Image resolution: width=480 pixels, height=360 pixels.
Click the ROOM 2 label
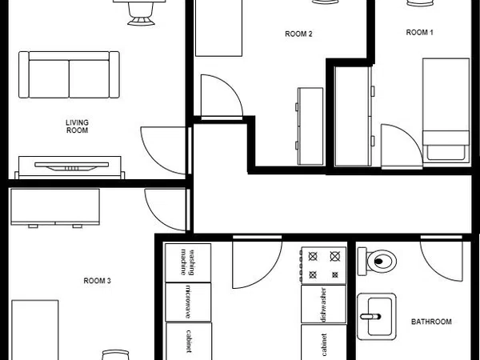pyautogui.click(x=298, y=34)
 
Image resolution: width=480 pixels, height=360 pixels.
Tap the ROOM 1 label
pyautogui.click(x=419, y=33)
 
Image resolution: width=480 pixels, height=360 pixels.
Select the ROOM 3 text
pyautogui.click(x=97, y=281)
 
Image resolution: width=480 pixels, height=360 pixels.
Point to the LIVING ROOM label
pyautogui.click(x=77, y=126)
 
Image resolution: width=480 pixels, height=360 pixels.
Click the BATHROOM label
pyautogui.click(x=431, y=322)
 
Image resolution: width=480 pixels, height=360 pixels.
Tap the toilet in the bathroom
pyautogui.click(x=377, y=261)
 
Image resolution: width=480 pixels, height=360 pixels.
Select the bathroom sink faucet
pyautogui.click(x=370, y=317)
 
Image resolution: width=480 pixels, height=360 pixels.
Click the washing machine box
pyautogui.click(x=188, y=262)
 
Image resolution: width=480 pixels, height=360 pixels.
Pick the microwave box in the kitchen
pyautogui.click(x=188, y=302)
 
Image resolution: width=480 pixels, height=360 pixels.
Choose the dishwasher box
pyautogui.click(x=323, y=304)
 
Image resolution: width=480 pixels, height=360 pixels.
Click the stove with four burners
pyautogui.click(x=323, y=265)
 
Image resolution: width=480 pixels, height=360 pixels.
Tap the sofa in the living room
pyautogui.click(x=69, y=74)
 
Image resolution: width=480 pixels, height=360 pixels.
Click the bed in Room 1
pyautogui.click(x=446, y=110)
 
